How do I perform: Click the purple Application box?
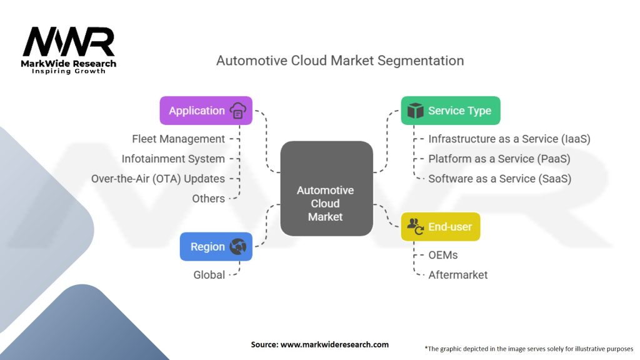pyautogui.click(x=206, y=111)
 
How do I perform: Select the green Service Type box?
pyautogui.click(x=450, y=111)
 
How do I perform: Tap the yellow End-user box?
pyautogui.click(x=440, y=226)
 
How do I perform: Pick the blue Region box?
pyautogui.click(x=216, y=246)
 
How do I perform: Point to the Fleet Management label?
pyautogui.click(x=178, y=139)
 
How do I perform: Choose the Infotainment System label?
pyautogui.click(x=173, y=159)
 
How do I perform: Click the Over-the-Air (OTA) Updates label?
pyautogui.click(x=157, y=179)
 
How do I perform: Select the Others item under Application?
pyautogui.click(x=208, y=199)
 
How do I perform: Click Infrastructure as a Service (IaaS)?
pyautogui.click(x=509, y=139)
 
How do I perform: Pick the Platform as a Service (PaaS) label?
pyautogui.click(x=499, y=159)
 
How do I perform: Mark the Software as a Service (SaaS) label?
pyautogui.click(x=499, y=179)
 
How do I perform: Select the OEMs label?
pyautogui.click(x=443, y=255)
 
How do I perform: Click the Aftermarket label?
pyautogui.click(x=457, y=274)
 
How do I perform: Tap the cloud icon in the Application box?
pyautogui.click(x=238, y=111)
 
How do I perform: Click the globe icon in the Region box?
pyautogui.click(x=238, y=246)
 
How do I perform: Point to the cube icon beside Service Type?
pyautogui.click(x=415, y=111)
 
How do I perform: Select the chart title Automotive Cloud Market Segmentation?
pyautogui.click(x=340, y=61)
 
